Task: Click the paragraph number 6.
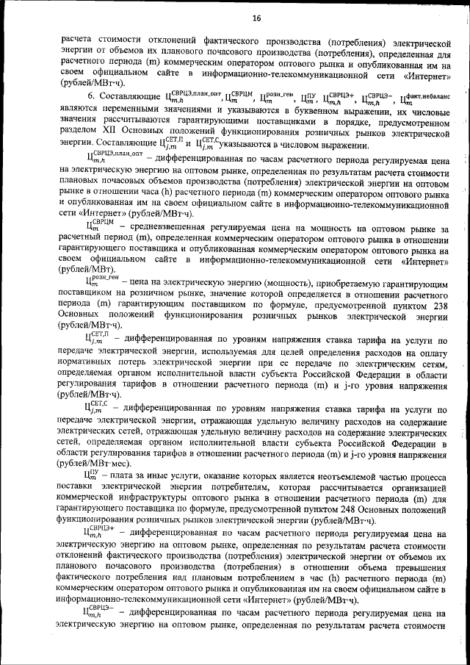pos(92,96)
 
